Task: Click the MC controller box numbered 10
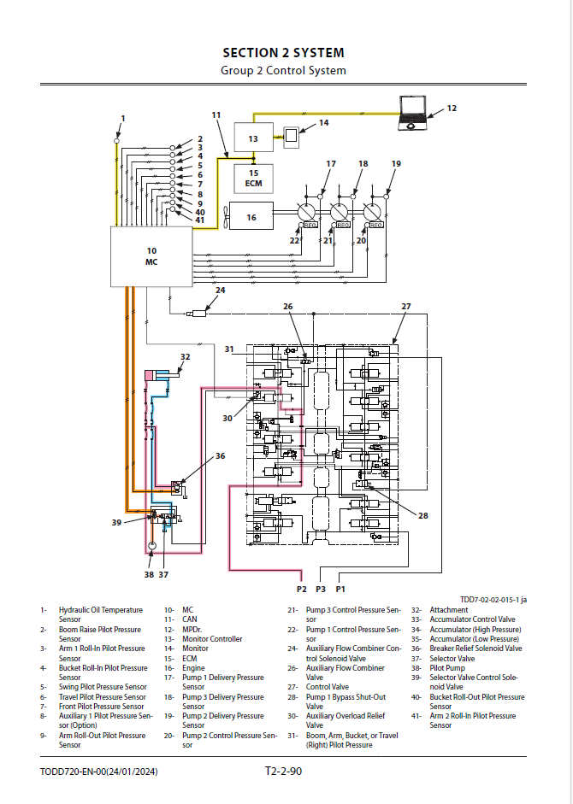coord(151,256)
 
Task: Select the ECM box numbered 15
coord(254,179)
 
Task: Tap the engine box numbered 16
coord(251,216)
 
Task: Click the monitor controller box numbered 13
coord(254,138)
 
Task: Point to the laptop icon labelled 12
coord(413,114)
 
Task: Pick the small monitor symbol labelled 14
coord(291,137)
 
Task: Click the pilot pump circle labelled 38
coord(151,546)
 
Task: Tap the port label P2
coord(301,590)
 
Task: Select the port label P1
coord(340,590)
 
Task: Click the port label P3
coord(321,590)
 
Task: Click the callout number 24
coord(221,290)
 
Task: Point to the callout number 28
coord(423,516)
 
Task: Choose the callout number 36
coord(221,456)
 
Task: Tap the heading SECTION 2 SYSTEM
coord(283,53)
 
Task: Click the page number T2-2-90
coord(283,771)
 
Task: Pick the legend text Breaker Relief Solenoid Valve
coord(476,648)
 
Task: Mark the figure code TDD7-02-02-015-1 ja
coord(493,600)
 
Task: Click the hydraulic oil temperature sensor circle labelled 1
coord(117,140)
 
